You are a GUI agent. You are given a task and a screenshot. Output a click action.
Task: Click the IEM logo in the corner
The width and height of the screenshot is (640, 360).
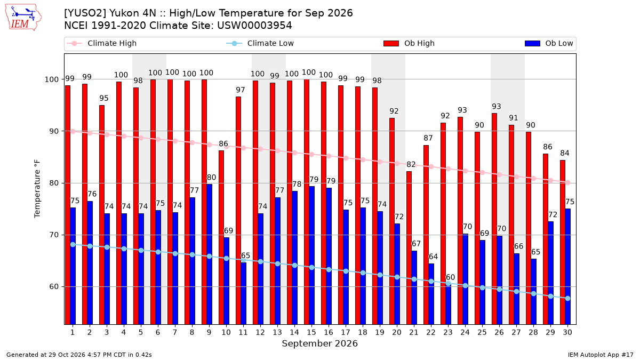23,18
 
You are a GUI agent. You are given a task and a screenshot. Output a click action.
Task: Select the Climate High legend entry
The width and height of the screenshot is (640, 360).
101,43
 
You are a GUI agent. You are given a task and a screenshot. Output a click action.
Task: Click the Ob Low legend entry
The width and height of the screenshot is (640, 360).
549,43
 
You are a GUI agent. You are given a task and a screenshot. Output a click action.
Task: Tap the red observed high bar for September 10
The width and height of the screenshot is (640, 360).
221,237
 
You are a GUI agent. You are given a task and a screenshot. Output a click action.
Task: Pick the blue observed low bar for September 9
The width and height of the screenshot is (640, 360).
210,254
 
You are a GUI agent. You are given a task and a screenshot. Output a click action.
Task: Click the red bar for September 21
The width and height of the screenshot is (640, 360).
409,247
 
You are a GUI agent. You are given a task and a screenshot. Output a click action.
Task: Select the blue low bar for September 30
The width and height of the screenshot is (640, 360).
568,267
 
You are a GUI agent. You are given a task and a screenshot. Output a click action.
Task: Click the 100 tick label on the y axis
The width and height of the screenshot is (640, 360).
51,79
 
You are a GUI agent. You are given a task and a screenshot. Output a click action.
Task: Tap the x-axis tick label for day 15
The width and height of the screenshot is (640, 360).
311,332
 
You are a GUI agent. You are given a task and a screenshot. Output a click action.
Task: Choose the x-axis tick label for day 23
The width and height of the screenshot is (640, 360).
448,332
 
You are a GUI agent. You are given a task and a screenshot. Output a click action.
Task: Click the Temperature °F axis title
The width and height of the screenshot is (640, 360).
37,189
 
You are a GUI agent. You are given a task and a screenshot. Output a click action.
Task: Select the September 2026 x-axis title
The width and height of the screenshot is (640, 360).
319,343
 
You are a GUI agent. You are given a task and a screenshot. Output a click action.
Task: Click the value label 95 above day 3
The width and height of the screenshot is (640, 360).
104,98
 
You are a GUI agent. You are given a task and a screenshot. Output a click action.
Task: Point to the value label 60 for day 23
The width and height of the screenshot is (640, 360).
450,277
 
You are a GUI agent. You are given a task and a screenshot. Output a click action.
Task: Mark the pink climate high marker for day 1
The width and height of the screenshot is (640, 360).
73,131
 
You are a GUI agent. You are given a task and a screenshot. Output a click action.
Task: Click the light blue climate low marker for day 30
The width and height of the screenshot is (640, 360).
568,298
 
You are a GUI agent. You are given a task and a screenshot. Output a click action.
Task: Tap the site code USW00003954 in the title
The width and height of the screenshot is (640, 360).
254,26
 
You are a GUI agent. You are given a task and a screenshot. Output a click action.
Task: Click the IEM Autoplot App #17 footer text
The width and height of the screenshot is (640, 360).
601,355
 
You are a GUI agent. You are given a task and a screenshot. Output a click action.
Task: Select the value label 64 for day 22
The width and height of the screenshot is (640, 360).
433,257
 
